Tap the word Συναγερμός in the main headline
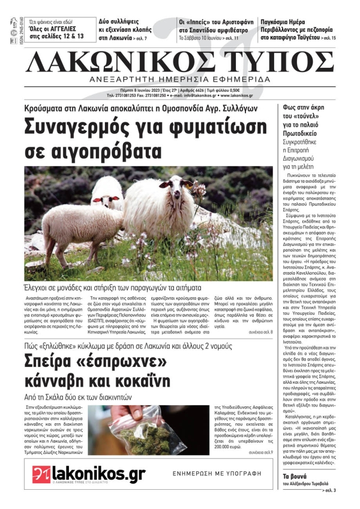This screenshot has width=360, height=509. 83,128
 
